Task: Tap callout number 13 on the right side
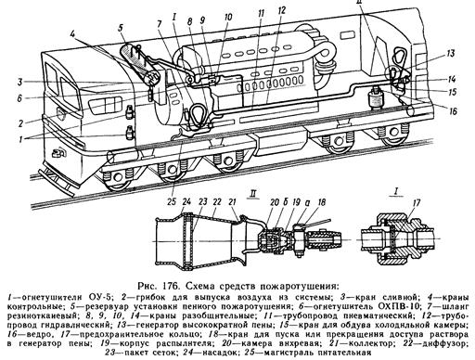point(451,54)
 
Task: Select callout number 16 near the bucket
point(453,110)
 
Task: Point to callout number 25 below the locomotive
point(172,201)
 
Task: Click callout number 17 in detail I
point(417,203)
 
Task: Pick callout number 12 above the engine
point(282,11)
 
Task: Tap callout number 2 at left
point(20,123)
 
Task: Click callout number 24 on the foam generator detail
point(186,201)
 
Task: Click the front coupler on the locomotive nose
point(58,153)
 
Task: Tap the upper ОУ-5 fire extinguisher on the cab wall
point(130,111)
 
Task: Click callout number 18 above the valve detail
point(322,202)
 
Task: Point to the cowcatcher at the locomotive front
point(58,180)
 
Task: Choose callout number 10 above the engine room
point(228,17)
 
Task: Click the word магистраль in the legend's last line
point(289,353)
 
